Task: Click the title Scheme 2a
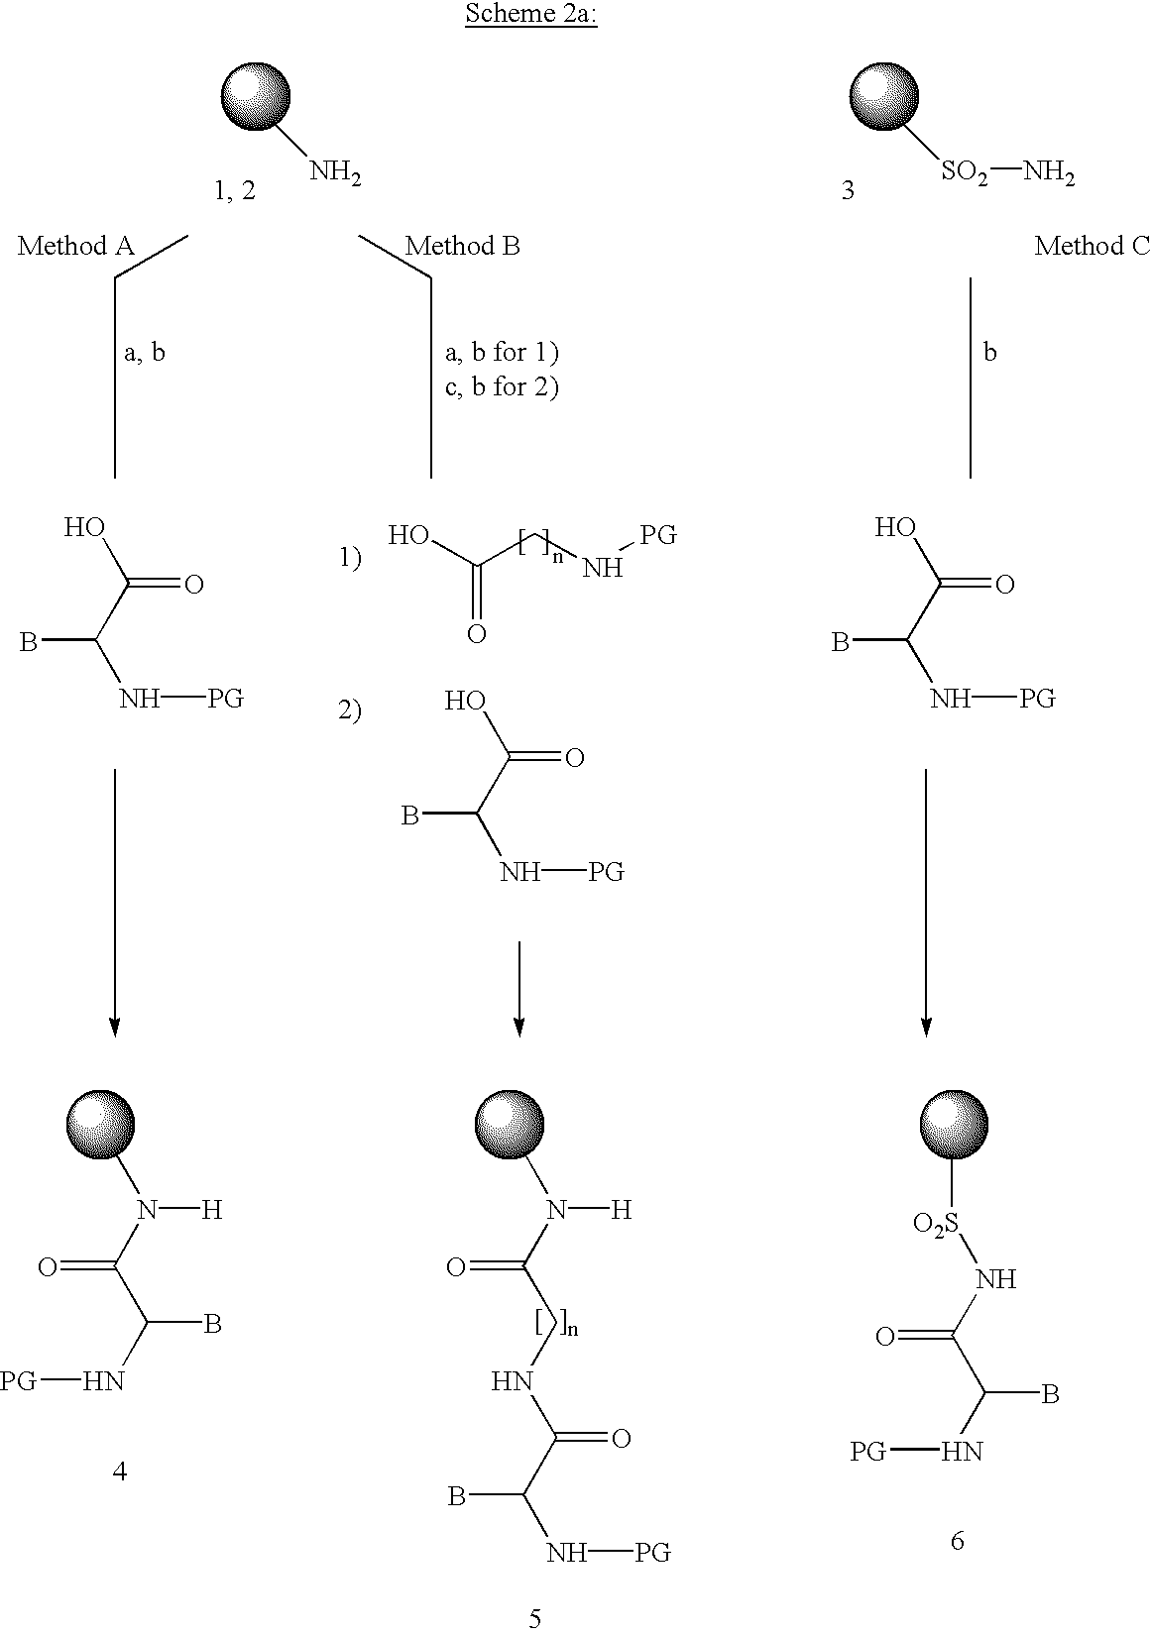tap(531, 17)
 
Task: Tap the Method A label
tap(75, 247)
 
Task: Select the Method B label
tap(462, 247)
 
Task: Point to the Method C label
tap(1092, 247)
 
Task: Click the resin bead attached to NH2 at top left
tap(255, 96)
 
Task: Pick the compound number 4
tap(119, 1471)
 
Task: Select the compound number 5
tap(535, 1619)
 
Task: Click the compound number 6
tap(956, 1541)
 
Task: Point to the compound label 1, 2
tap(235, 191)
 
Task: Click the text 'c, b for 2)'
tap(502, 386)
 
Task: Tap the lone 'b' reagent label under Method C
tap(989, 353)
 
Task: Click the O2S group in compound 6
tap(935, 1225)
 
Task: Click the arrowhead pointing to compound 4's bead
tap(115, 1027)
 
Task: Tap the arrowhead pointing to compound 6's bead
tap(926, 1027)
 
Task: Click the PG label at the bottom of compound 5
tap(652, 1553)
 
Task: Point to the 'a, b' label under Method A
tap(145, 353)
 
